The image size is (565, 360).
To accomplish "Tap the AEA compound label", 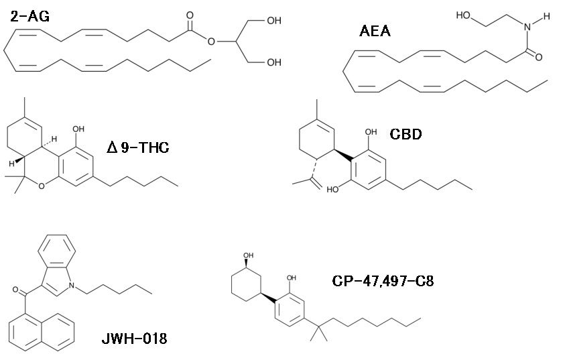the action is tap(375, 31).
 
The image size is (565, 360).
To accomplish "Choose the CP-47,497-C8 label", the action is tap(383, 280).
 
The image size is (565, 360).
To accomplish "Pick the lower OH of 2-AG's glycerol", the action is tap(273, 64).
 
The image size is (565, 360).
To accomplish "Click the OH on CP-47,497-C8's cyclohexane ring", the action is tap(249, 255).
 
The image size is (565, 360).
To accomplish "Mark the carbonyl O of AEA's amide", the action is tap(538, 58).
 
